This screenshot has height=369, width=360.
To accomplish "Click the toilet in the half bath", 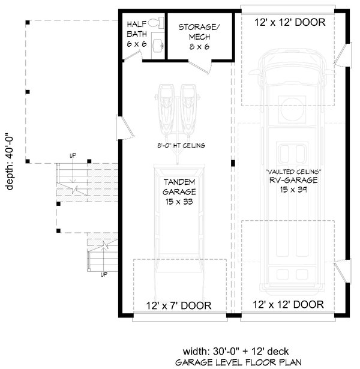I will pyautogui.click(x=155, y=23).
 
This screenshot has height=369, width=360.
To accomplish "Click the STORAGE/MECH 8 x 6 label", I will pyautogui.click(x=199, y=36).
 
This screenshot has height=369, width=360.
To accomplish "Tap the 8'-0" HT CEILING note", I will pyautogui.click(x=179, y=145).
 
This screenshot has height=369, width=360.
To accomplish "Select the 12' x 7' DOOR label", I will pyautogui.click(x=179, y=305).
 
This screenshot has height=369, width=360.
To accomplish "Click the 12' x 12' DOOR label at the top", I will pyautogui.click(x=290, y=22).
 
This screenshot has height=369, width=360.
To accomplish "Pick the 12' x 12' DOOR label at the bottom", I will pyautogui.click(x=290, y=304).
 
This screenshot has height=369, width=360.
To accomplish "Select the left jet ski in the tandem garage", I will pyautogui.click(x=166, y=108).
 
